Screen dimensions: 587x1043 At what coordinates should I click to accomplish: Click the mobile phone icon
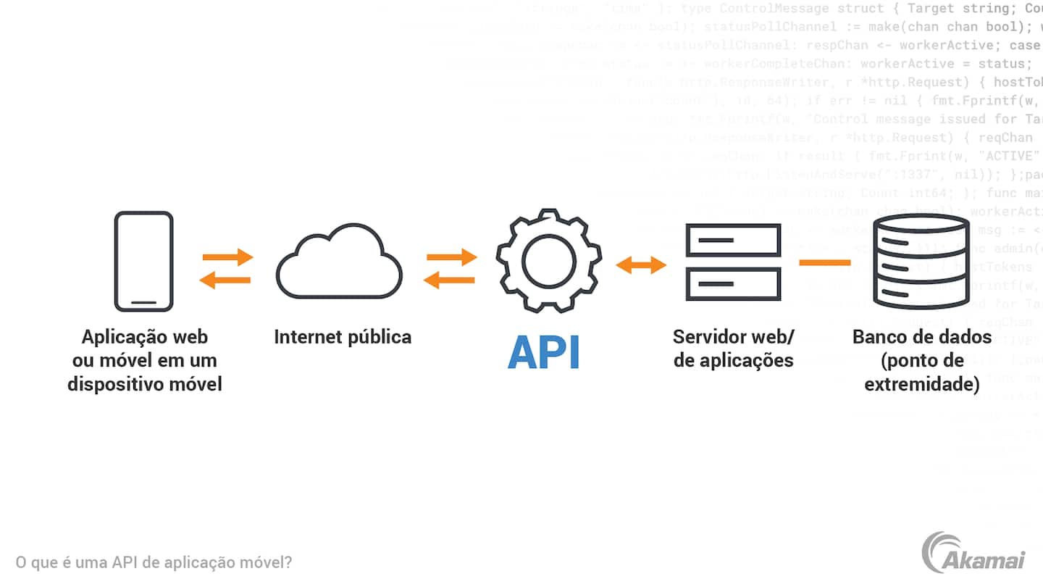click(144, 261)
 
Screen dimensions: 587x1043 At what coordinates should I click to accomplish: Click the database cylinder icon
click(920, 262)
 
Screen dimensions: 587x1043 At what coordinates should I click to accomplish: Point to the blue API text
click(544, 352)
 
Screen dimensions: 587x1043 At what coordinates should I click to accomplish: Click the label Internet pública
click(343, 337)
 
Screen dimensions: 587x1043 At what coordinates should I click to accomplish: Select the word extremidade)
click(922, 383)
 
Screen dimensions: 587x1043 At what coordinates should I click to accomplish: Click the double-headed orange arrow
click(641, 265)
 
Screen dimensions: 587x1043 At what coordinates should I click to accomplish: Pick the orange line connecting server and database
click(825, 262)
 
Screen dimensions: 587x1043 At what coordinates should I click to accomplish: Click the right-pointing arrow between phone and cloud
click(227, 257)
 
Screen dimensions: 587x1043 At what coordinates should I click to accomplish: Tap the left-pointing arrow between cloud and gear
click(449, 280)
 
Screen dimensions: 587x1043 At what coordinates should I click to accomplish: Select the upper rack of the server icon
click(733, 240)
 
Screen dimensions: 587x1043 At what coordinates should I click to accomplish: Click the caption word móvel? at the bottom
click(267, 562)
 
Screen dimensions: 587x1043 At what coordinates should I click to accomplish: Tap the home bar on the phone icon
click(144, 301)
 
